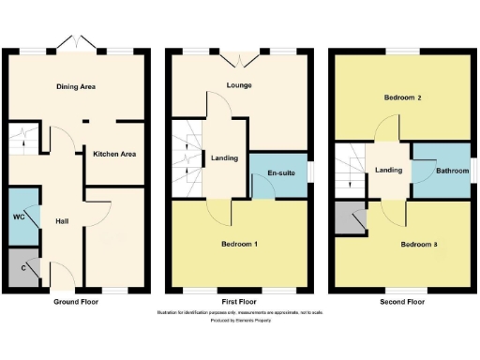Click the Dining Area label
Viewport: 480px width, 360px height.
[x=75, y=87]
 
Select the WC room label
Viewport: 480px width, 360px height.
[x=19, y=217]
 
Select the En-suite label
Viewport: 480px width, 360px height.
[x=281, y=174]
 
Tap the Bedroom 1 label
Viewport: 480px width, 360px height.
[x=239, y=244]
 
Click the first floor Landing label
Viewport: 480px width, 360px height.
[x=224, y=157]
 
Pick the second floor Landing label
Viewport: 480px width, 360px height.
[x=388, y=170]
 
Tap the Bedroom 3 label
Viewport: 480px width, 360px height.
[x=419, y=245]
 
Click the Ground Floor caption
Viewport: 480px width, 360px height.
[x=75, y=302]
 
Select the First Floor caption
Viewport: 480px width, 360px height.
[x=238, y=302]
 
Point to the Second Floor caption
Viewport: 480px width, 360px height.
[x=400, y=302]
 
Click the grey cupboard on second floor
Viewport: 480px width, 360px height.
[x=352, y=219]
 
